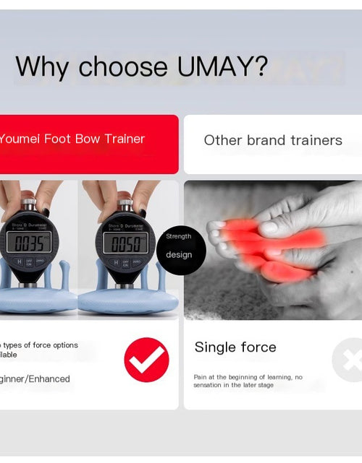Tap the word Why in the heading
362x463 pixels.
click(x=43, y=66)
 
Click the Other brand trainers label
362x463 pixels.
click(x=273, y=140)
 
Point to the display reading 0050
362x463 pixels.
click(x=125, y=243)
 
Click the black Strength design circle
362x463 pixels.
click(x=179, y=246)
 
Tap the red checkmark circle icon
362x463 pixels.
click(x=146, y=359)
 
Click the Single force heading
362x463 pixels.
click(x=235, y=347)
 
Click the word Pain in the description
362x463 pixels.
click(x=201, y=377)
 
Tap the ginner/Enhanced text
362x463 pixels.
click(x=35, y=378)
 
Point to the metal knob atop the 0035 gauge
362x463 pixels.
click(x=28, y=204)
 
